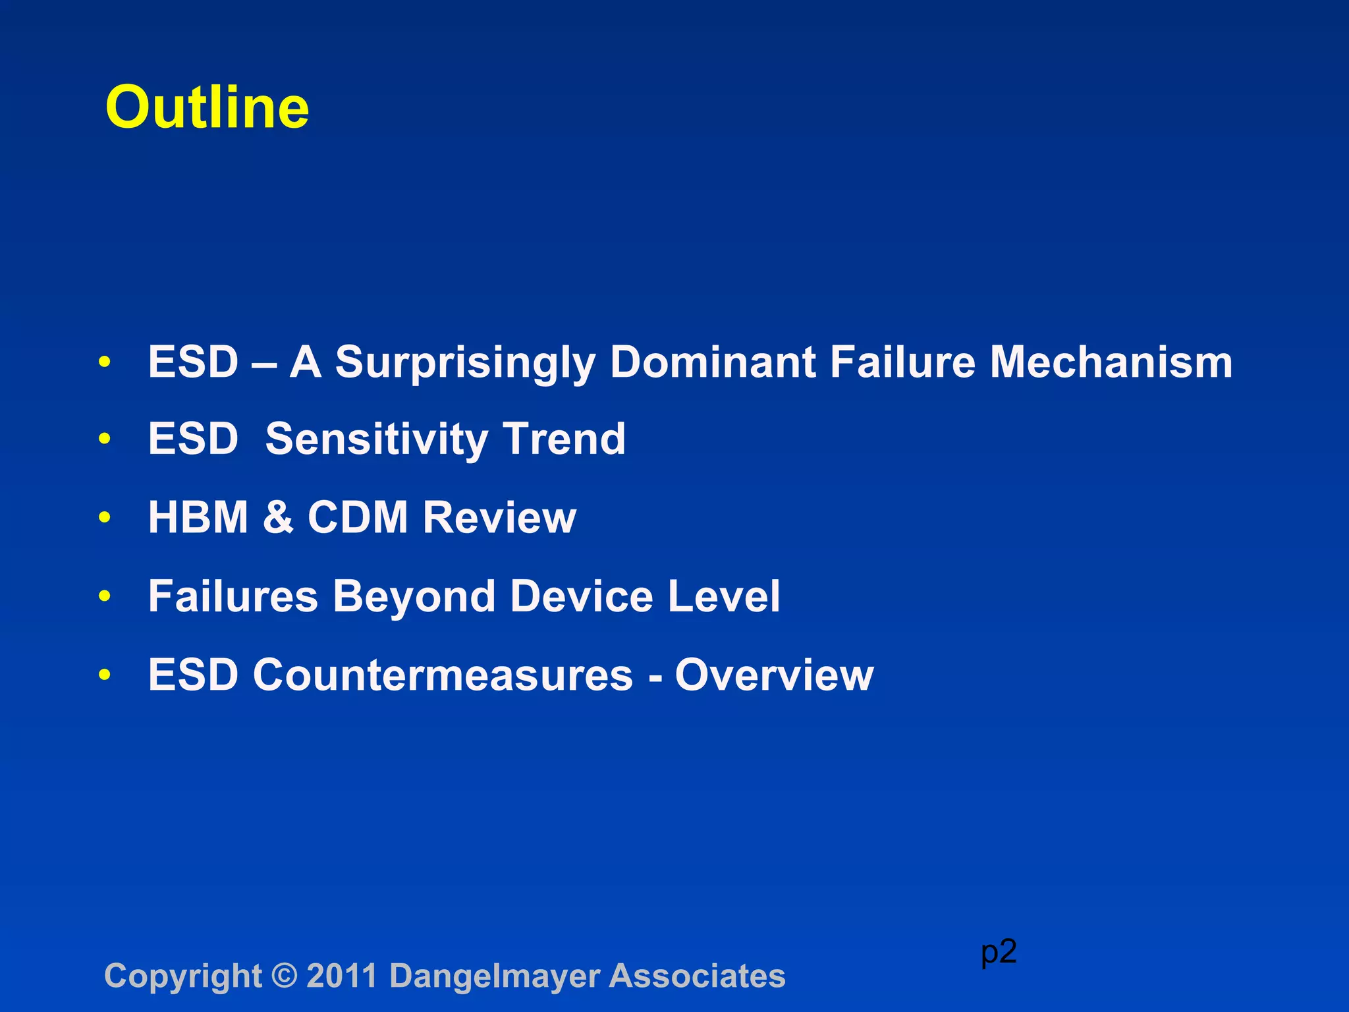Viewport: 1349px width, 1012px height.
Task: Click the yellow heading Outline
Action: (207, 107)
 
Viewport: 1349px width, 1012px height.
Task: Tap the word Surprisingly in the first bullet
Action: (465, 363)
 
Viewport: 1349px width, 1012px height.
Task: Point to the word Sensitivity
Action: (375, 439)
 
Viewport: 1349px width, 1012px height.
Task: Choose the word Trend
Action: (564, 439)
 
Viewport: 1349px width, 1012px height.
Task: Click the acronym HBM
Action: (198, 517)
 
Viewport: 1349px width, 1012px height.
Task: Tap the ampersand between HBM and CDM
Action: (277, 517)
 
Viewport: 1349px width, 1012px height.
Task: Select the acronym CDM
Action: (358, 517)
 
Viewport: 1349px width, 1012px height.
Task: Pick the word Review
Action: (499, 517)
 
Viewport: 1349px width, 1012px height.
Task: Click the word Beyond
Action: (413, 597)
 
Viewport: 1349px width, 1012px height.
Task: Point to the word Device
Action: (582, 596)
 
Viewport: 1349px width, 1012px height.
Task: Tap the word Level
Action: (724, 596)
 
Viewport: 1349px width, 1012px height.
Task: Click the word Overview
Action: (774, 675)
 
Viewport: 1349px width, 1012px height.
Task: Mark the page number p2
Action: (999, 952)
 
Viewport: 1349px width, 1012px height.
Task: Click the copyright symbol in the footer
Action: (284, 976)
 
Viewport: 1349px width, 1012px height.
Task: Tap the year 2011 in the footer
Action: (342, 976)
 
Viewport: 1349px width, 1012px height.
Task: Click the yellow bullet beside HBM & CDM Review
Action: (104, 518)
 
